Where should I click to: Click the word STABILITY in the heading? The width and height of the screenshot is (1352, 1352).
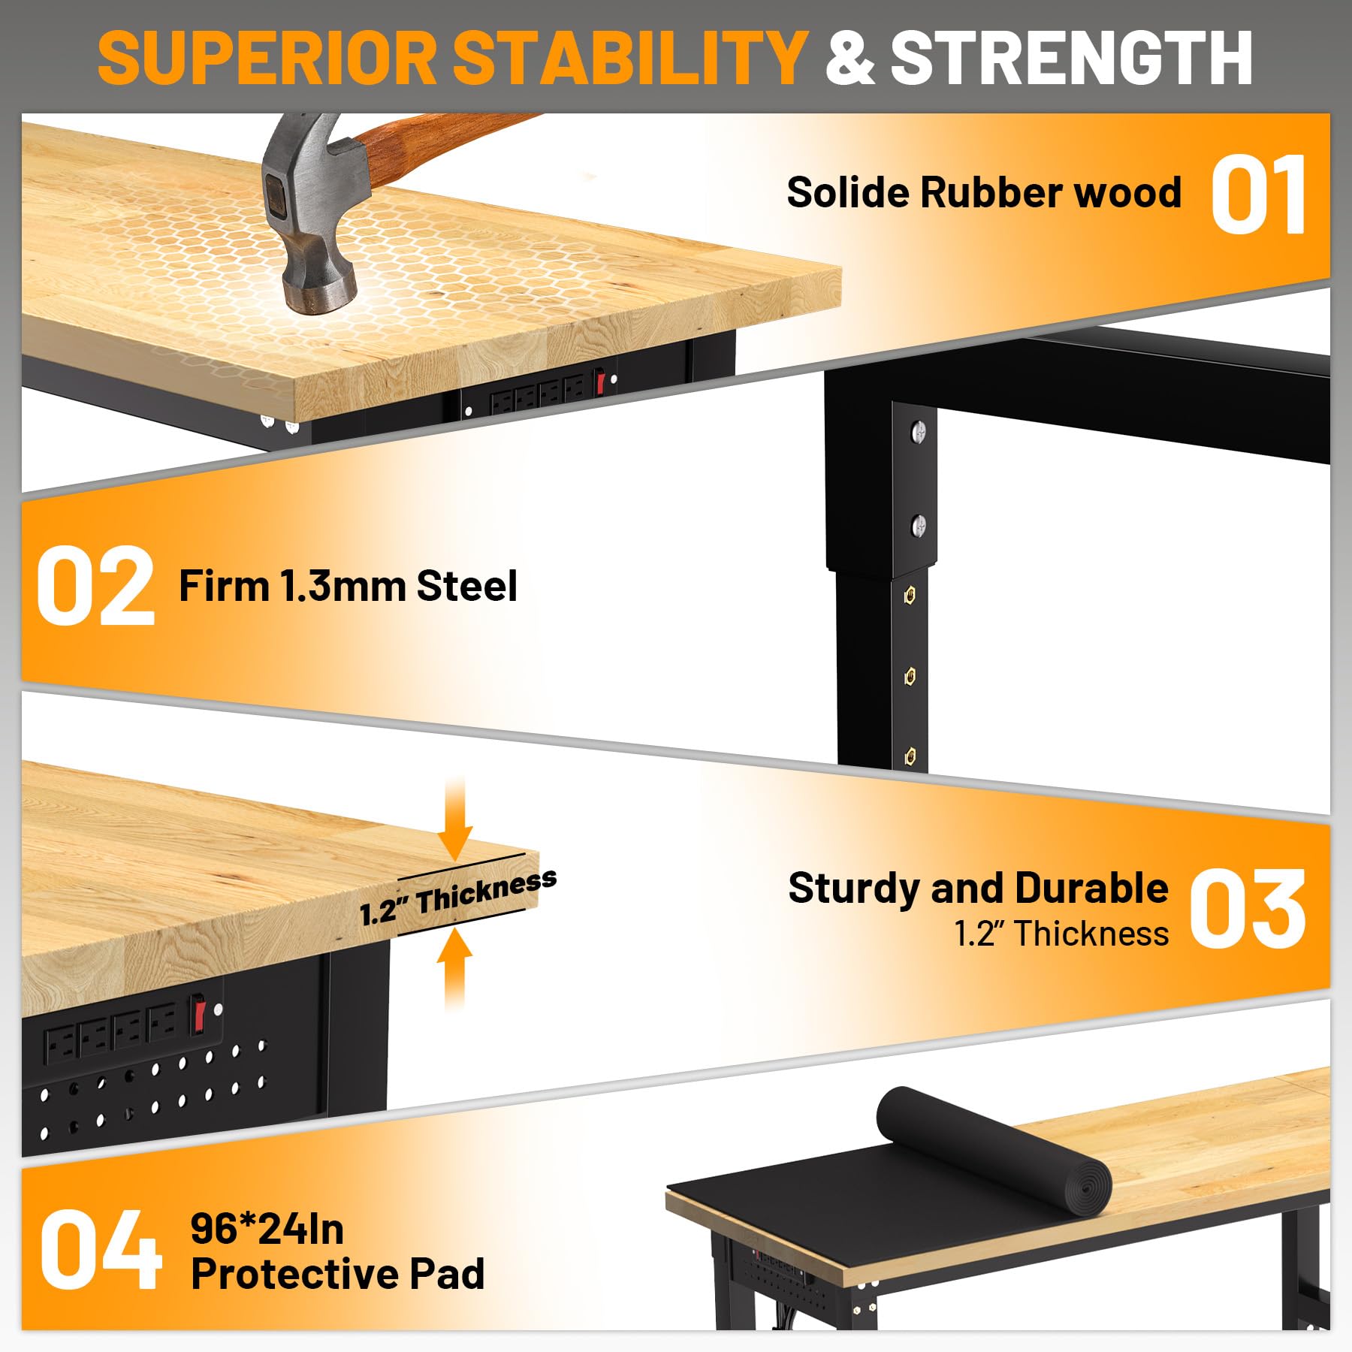629,58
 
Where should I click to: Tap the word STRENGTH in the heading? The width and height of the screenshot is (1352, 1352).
1071,58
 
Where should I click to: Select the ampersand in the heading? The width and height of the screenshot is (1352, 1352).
850,58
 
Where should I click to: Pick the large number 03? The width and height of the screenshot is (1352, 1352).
1248,908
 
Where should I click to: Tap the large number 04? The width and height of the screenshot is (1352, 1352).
101,1250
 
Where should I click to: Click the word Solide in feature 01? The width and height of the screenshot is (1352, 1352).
849,192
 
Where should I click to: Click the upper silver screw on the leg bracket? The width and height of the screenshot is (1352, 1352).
918,431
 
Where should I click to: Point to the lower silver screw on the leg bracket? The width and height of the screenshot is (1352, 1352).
918,526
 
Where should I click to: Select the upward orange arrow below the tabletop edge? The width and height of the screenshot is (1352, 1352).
454,969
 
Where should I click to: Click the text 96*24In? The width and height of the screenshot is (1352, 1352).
267,1230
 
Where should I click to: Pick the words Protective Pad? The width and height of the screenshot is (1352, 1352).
338,1274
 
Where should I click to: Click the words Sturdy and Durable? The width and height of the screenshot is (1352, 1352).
979,889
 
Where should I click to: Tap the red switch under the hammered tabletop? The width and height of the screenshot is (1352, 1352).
599,382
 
